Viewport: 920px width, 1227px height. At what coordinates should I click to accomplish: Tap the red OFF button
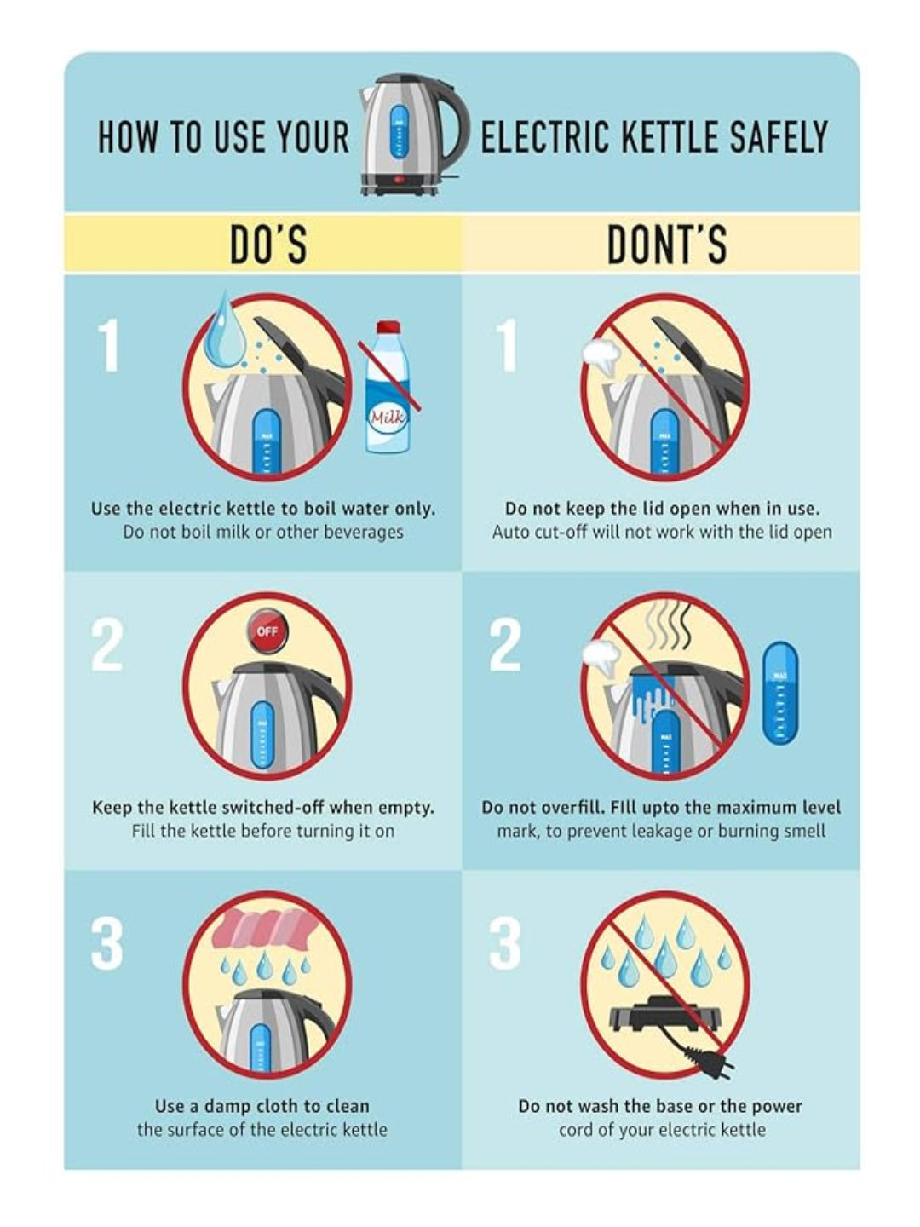pos(267,631)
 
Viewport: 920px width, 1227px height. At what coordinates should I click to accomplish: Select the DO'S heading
pos(268,245)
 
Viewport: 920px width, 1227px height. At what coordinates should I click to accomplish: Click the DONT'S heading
pos(668,245)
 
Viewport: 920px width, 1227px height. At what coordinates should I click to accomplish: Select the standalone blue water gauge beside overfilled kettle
pos(780,692)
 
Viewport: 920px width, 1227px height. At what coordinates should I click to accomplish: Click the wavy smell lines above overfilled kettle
pos(668,625)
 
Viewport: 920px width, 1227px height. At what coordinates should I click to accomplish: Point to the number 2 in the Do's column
pos(106,646)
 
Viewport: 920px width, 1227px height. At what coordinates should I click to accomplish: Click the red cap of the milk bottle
pos(388,326)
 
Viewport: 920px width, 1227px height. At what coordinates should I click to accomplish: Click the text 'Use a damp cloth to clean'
pos(262,1106)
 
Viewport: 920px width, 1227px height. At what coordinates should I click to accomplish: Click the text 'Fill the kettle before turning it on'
pos(263,831)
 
